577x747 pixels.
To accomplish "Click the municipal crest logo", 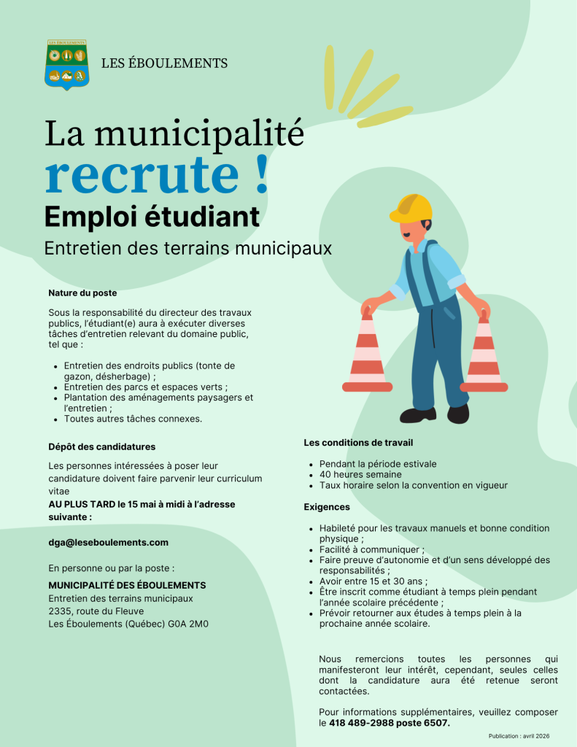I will [67, 64].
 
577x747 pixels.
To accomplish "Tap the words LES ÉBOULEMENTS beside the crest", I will [164, 63].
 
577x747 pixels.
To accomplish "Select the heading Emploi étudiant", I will [152, 217].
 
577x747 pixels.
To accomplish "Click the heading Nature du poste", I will [82, 293].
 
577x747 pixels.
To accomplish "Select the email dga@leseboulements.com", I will [108, 542].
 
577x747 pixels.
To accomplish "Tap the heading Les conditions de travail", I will [358, 443].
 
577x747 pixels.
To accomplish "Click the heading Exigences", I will [327, 506].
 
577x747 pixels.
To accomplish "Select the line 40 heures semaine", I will [360, 474].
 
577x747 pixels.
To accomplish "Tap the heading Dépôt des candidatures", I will [101, 446].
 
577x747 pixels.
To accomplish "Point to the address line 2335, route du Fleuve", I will [96, 611].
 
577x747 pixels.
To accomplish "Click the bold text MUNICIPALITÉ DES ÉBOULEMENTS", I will [127, 585].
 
